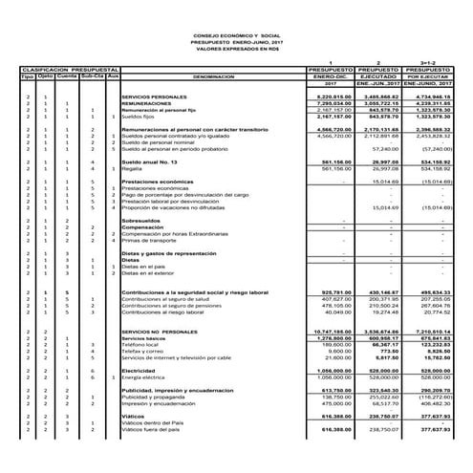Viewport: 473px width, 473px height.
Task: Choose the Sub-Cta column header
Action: point(92,76)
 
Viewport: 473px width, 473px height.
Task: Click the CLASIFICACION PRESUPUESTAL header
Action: point(63,70)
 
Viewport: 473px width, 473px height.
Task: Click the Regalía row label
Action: point(133,169)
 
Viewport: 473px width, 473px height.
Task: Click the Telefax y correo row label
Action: point(144,352)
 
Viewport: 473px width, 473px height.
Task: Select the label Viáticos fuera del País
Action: point(154,429)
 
